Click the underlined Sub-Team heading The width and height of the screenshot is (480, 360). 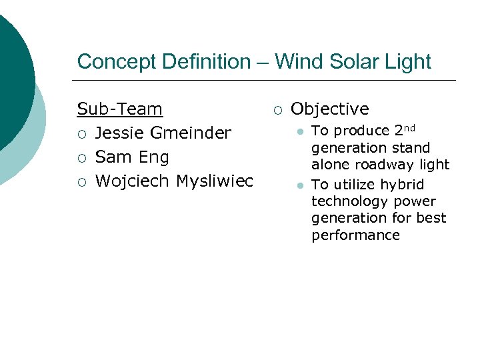[120, 109]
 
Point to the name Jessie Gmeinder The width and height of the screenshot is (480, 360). [163, 133]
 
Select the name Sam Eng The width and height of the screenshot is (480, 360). [132, 157]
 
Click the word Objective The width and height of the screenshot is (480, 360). [329, 109]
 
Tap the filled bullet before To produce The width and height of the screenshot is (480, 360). [301, 131]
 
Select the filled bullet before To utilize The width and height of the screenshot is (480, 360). [301, 185]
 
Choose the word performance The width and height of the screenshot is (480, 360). [355, 235]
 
